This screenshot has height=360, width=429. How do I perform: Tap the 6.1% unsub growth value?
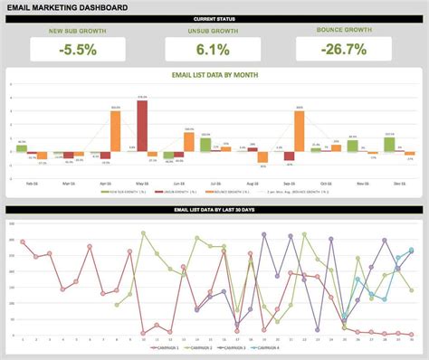point(213,51)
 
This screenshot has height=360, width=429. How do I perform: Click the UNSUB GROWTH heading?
point(213,32)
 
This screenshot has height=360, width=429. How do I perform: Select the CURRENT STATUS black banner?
point(214,19)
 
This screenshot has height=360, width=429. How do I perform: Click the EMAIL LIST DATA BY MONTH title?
point(214,76)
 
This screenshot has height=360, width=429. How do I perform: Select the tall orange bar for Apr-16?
point(116,131)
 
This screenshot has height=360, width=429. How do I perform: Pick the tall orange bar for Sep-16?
point(299,131)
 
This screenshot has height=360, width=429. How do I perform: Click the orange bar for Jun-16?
point(189,142)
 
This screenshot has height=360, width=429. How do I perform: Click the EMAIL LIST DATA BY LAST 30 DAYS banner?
point(214,210)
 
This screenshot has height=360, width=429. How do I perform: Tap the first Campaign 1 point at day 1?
point(23,242)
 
